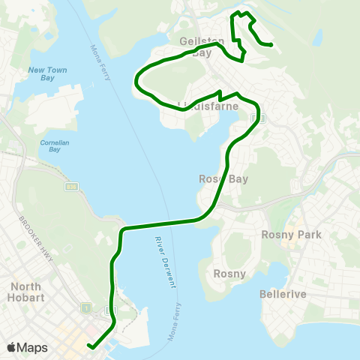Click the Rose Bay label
(x=218, y=179)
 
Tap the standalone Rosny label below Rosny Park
(x=229, y=274)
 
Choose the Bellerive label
(x=283, y=295)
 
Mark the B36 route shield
(x=70, y=187)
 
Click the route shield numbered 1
(x=88, y=308)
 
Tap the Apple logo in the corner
(x=12, y=347)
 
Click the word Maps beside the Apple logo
(x=33, y=347)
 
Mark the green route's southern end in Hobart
(x=88, y=346)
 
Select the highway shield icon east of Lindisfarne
(x=263, y=117)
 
